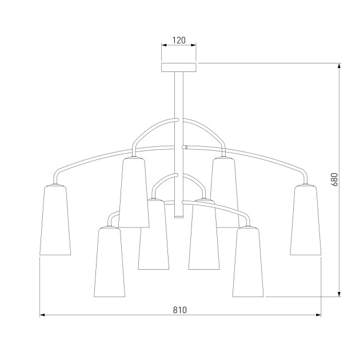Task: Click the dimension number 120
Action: click(x=179, y=41)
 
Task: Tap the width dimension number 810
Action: click(x=180, y=310)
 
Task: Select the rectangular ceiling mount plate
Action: click(x=179, y=67)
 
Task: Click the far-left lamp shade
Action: click(x=55, y=220)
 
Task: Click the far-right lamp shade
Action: click(x=306, y=220)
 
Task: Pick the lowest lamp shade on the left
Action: click(x=109, y=262)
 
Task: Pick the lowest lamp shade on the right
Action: click(x=248, y=262)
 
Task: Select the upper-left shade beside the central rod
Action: click(x=134, y=193)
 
